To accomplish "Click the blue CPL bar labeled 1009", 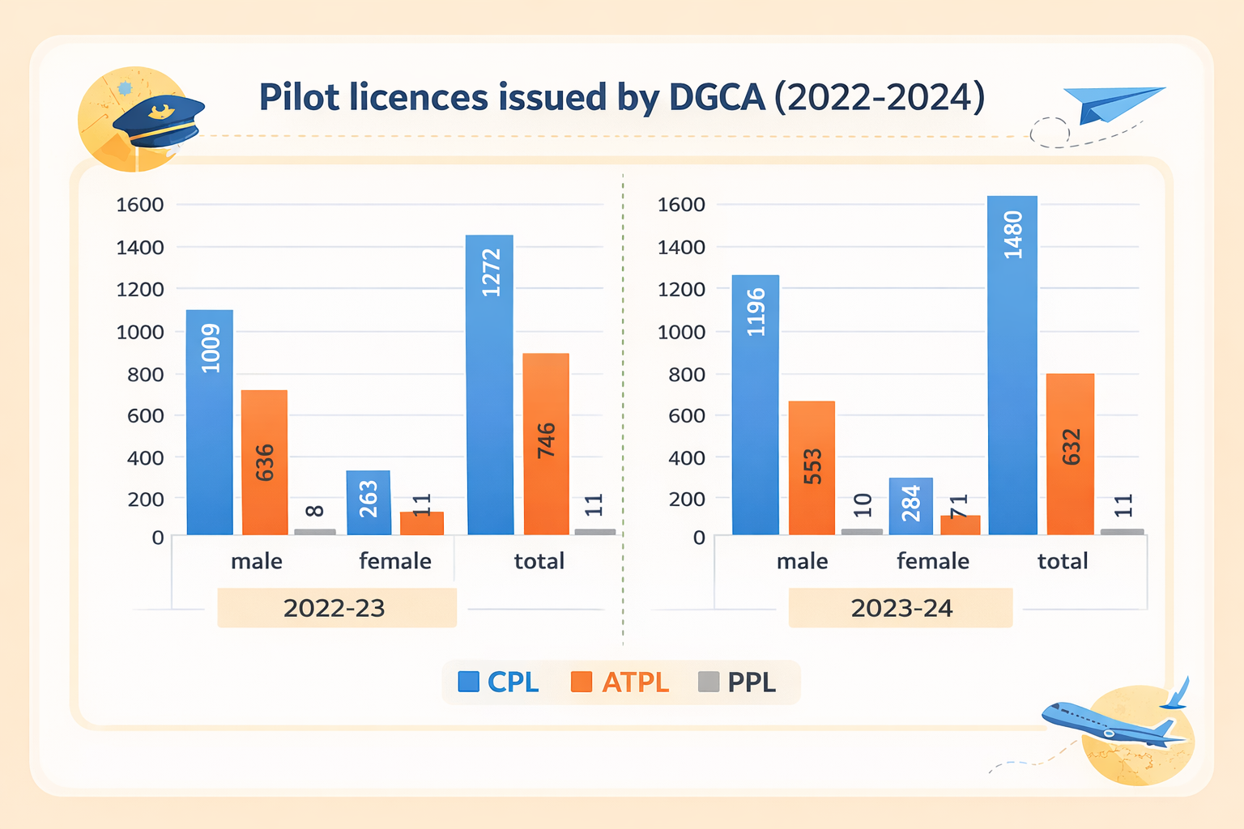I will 210,421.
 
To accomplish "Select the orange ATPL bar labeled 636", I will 264,461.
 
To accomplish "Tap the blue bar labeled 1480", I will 1012,364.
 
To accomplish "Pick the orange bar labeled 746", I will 546,444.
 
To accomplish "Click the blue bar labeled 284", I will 910,506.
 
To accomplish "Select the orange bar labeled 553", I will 812,467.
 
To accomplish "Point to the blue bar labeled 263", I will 369,502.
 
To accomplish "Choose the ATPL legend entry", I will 620,682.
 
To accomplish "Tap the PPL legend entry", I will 737,682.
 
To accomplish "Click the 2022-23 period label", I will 335,608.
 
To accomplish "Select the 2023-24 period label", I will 901,608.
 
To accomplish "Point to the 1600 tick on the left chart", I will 140,205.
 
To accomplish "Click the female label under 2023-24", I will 932,561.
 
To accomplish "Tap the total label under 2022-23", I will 539,561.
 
